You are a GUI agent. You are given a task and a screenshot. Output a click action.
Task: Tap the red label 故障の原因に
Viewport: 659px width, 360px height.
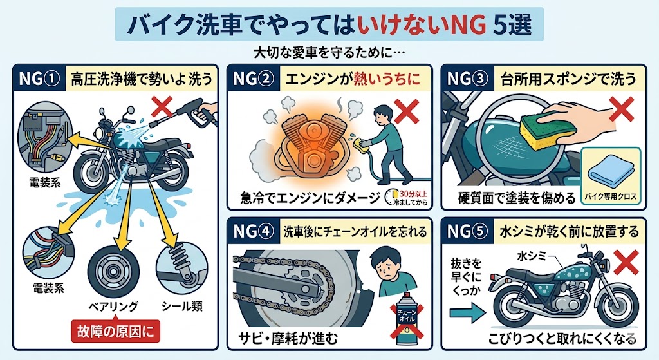tap(115, 332)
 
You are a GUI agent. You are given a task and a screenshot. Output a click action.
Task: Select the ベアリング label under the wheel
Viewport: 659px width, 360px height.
tap(113, 307)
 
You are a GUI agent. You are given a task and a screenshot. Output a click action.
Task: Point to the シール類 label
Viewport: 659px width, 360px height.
tap(182, 306)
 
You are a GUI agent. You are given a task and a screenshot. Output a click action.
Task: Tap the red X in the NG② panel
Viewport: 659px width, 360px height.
tap(407, 111)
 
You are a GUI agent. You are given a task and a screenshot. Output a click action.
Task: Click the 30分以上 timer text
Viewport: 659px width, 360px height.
tap(413, 194)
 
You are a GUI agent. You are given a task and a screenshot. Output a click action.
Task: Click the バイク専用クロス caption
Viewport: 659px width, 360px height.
tap(611, 196)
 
